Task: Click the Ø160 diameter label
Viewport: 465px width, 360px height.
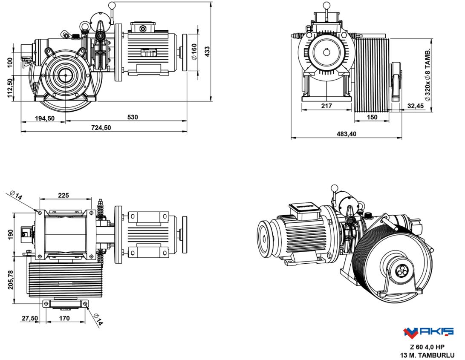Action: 194,52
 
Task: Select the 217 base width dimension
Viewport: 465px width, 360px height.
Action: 326,105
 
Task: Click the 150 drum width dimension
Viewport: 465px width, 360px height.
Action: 372,117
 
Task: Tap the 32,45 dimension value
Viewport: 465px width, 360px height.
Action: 415,106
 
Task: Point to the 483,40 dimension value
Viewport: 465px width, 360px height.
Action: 347,134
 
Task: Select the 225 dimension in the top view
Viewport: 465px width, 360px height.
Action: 64,195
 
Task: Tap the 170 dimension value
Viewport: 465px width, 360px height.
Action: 64,318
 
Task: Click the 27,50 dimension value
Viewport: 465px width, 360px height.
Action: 29,318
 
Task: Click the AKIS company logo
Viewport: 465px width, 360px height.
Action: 428,331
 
